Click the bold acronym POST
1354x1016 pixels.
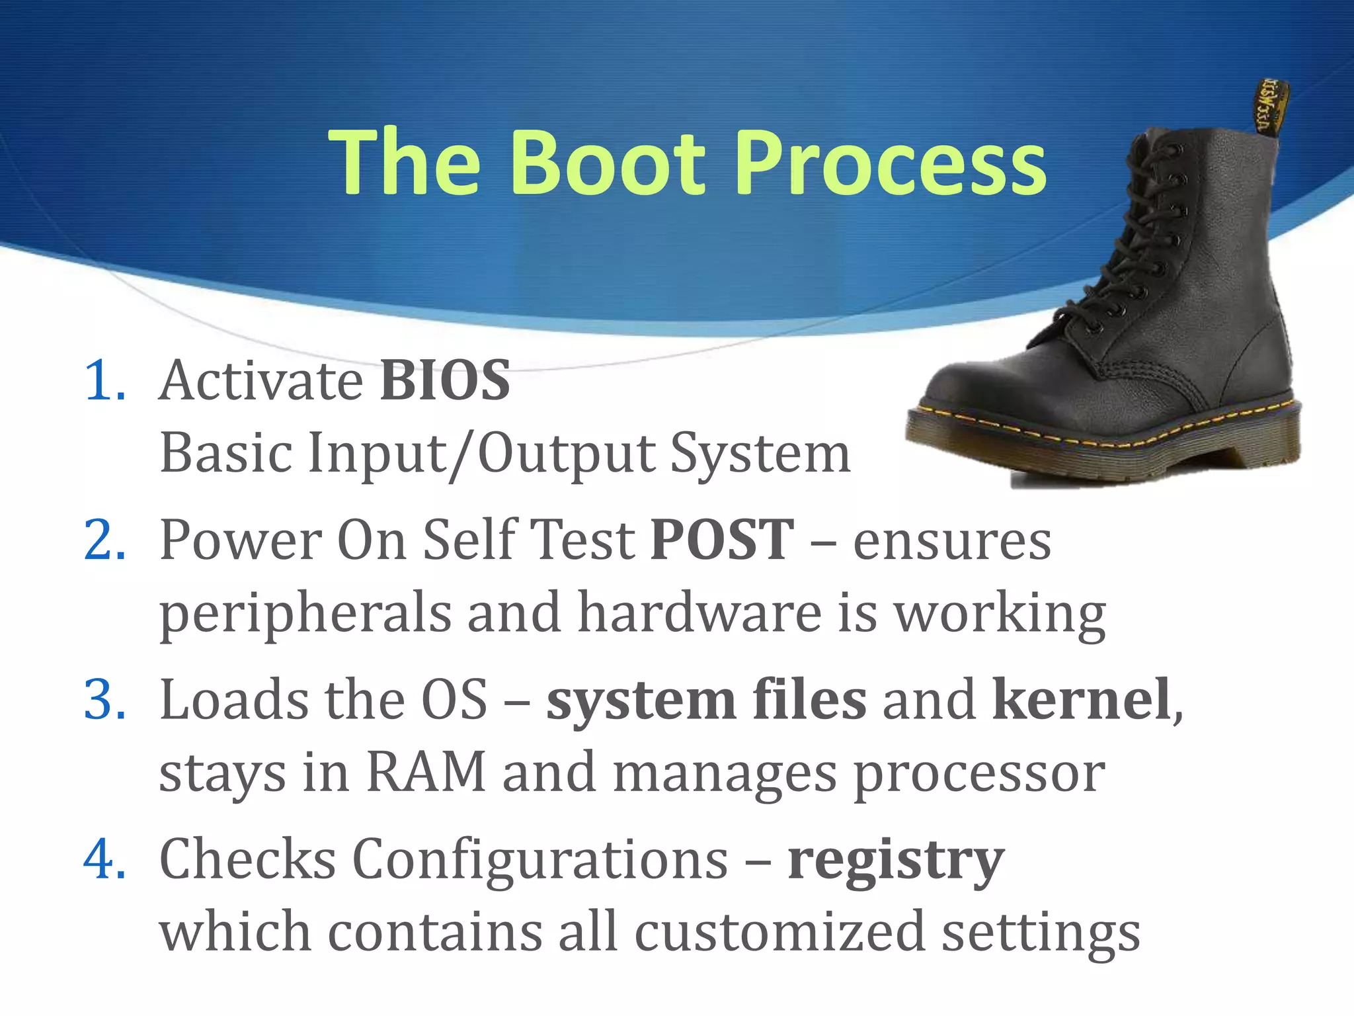(x=722, y=540)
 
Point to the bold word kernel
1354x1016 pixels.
(x=1082, y=699)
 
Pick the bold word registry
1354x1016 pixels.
(x=896, y=860)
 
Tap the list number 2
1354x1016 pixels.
(x=104, y=540)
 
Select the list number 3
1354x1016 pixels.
(x=104, y=699)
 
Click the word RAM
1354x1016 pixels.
(x=426, y=772)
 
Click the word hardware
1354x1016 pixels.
(x=699, y=613)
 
